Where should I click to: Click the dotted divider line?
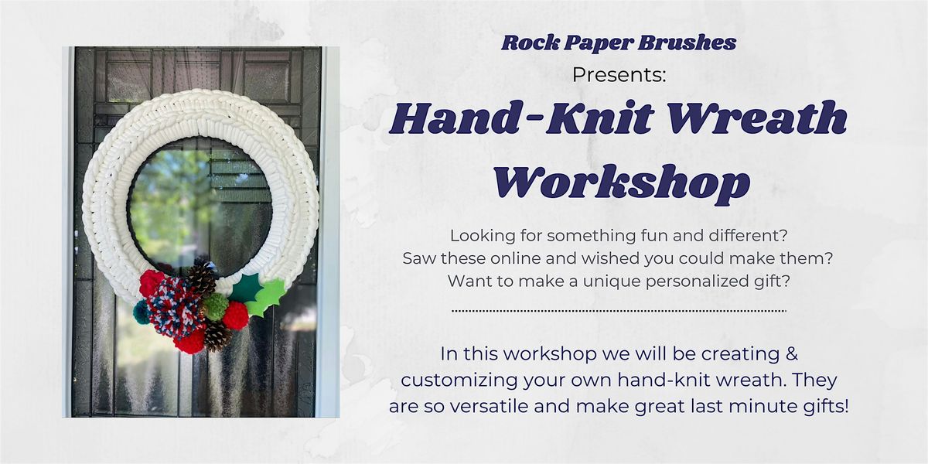[619, 311]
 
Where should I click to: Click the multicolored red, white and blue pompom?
[173, 305]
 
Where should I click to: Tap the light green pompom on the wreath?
[214, 307]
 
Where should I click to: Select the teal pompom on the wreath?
[142, 312]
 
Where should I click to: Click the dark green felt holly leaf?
[246, 288]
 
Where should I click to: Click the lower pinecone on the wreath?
[217, 336]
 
